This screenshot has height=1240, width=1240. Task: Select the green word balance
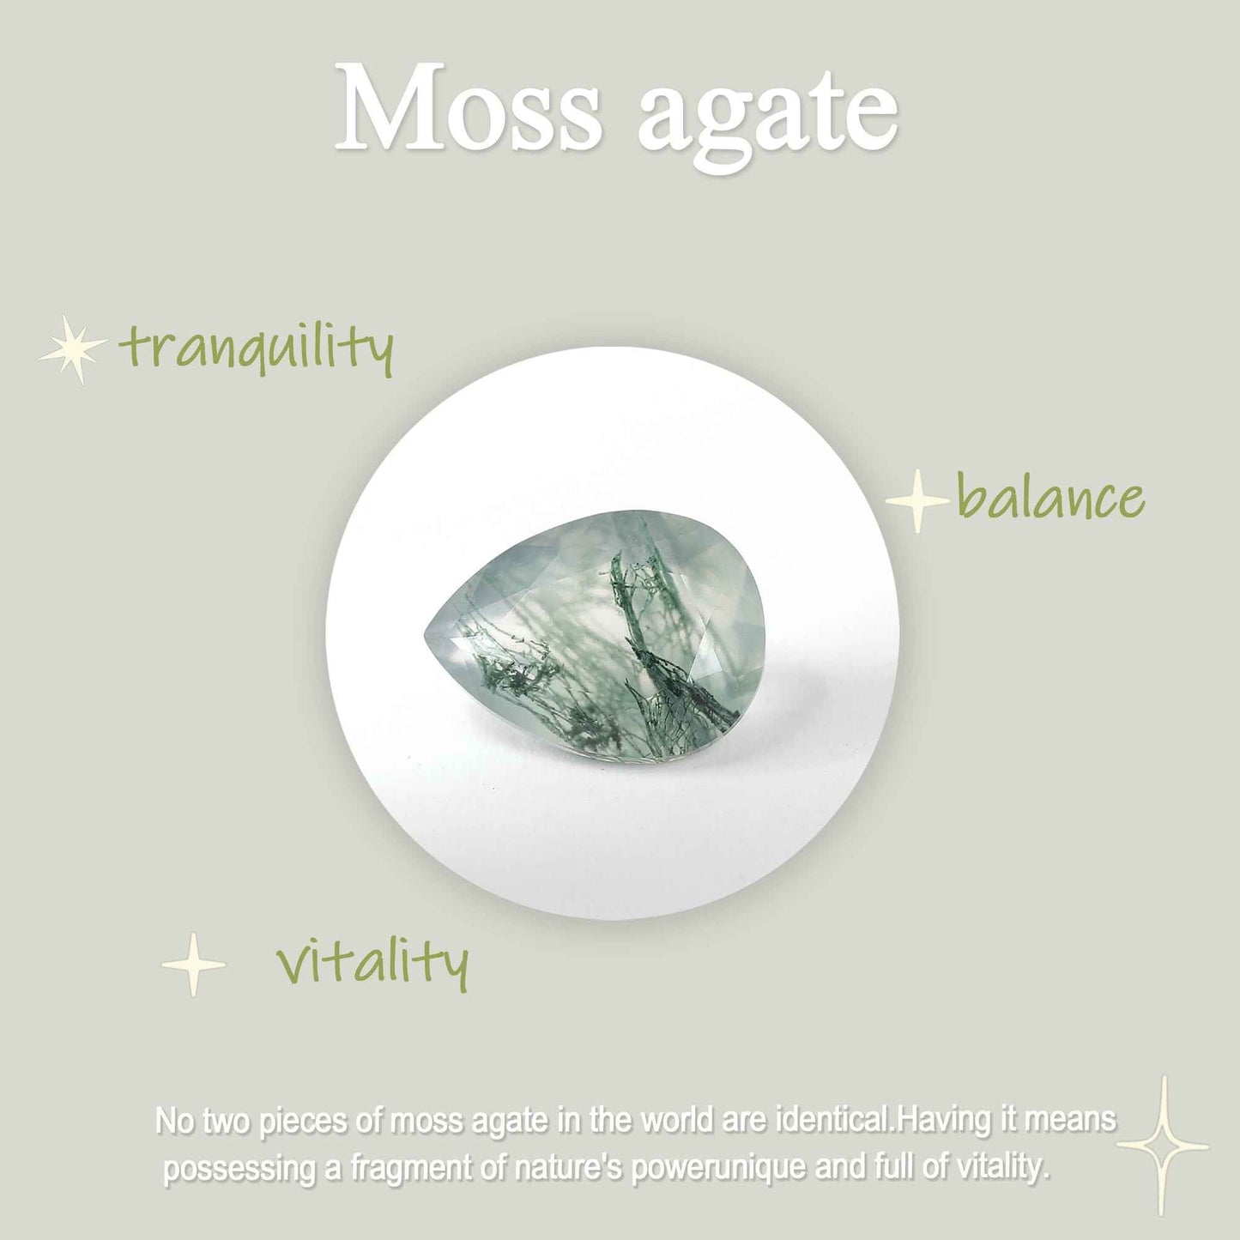tap(1050, 499)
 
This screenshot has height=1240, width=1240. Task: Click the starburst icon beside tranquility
tap(73, 348)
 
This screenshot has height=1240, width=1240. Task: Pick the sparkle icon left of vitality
tap(194, 965)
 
